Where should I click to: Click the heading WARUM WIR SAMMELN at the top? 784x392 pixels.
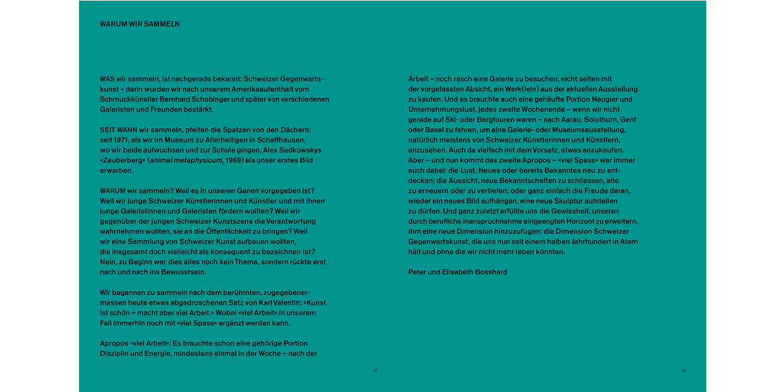140,24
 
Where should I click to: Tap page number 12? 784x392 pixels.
375,371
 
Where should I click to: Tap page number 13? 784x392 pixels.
684,371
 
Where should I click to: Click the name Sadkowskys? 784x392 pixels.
298,150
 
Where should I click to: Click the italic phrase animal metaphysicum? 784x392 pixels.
178,160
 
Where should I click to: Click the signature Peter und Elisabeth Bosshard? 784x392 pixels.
458,272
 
